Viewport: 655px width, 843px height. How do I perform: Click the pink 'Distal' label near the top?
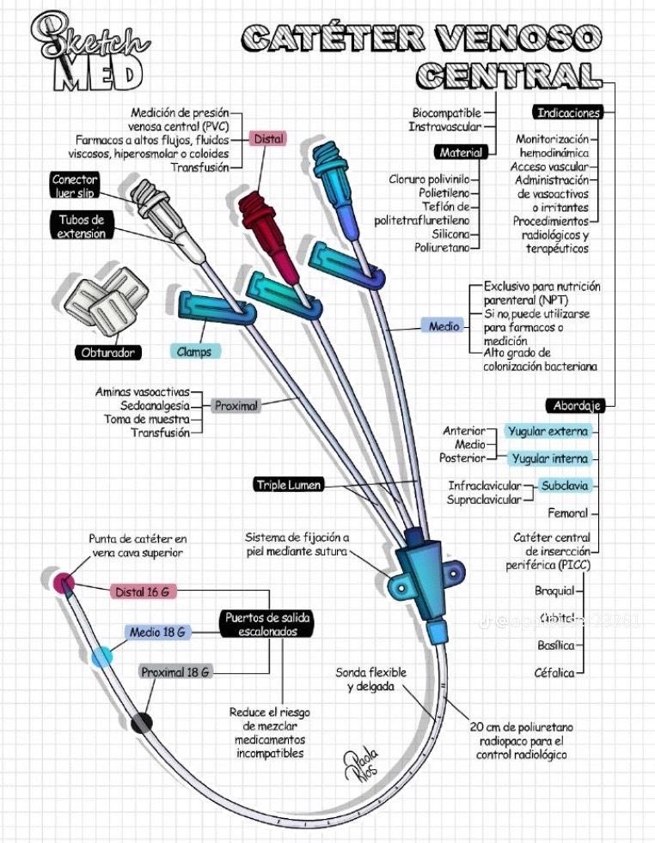[269, 139]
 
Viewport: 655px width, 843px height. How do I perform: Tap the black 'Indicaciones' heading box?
[568, 112]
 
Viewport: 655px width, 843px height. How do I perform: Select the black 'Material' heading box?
[461, 152]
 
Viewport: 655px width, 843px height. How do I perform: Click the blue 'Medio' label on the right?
[444, 326]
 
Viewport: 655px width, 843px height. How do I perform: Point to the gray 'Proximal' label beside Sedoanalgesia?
[236, 405]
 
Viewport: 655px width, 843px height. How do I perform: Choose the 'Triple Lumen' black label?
[288, 485]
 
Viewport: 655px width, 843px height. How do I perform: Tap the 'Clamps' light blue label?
[194, 351]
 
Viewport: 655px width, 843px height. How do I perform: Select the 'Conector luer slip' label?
[75, 186]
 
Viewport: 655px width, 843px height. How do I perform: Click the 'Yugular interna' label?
[548, 458]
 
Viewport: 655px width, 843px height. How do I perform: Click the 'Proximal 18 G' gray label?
[175, 672]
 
